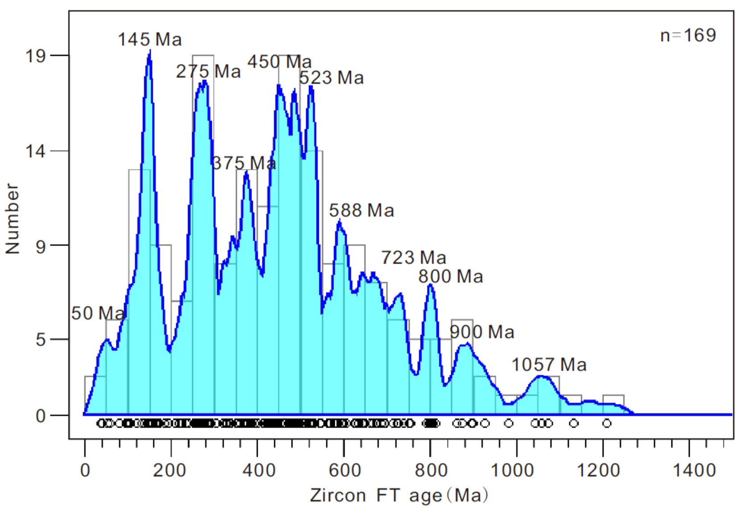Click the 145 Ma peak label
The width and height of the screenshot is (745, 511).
(x=150, y=40)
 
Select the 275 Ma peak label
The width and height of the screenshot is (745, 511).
(x=208, y=71)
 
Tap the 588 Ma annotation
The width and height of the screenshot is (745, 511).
(x=362, y=210)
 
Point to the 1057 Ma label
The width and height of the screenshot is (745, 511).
(x=549, y=365)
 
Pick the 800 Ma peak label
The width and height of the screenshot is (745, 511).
(x=451, y=276)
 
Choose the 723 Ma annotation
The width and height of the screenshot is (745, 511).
(x=414, y=258)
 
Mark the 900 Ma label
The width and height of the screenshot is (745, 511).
(x=482, y=332)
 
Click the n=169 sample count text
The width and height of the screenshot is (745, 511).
(x=688, y=35)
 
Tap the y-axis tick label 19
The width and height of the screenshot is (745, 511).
(x=36, y=56)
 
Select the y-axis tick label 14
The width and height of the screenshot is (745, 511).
(x=36, y=151)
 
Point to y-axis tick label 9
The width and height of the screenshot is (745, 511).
(x=41, y=246)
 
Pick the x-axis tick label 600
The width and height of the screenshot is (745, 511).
(x=345, y=470)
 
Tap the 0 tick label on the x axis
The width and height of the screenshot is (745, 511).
(x=85, y=470)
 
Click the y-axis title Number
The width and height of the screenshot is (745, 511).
(x=12, y=218)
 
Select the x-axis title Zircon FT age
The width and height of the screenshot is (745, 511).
(x=399, y=495)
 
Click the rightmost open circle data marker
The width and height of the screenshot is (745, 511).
(x=607, y=423)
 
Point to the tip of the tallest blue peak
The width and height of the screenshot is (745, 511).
(x=150, y=51)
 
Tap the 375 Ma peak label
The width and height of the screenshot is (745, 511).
(x=244, y=163)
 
